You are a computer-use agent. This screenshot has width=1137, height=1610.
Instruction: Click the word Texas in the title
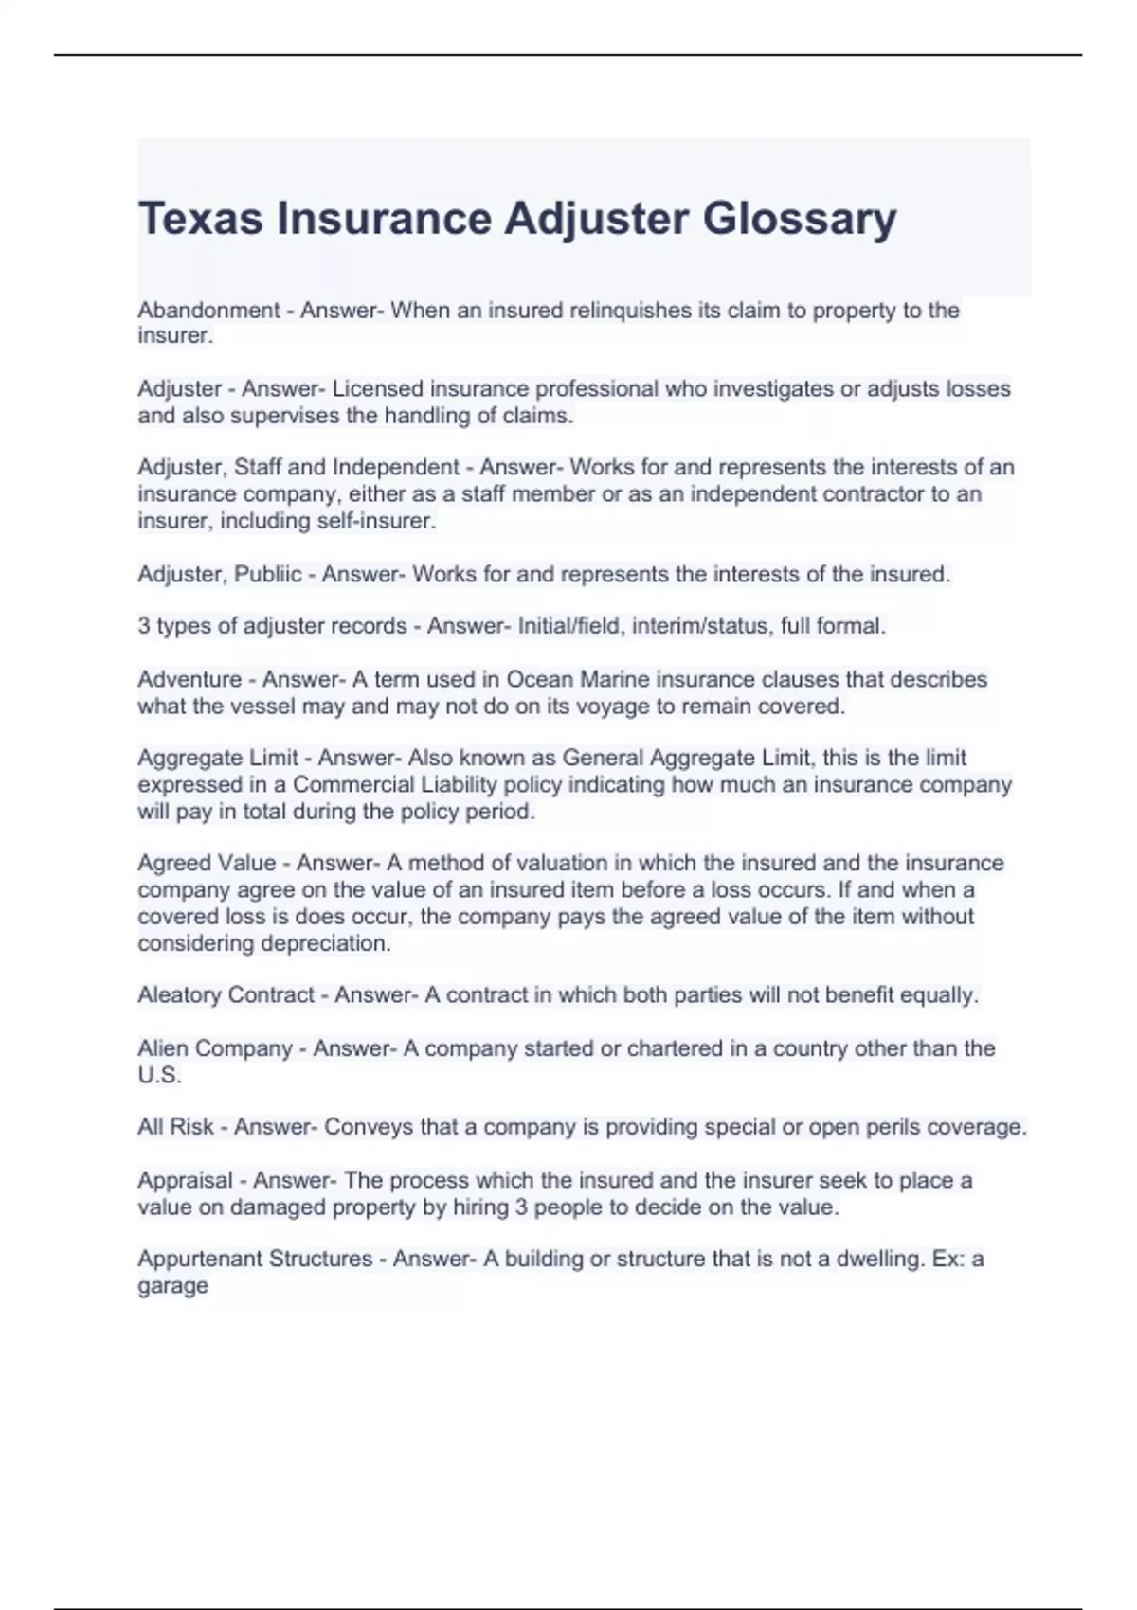pos(200,219)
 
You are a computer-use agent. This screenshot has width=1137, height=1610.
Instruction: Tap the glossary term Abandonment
pos(208,311)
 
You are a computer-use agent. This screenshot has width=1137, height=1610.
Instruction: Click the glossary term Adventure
pos(189,680)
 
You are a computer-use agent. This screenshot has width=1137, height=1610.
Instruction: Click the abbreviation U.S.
pos(159,1076)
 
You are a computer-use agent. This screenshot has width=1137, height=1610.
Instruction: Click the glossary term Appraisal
pos(185,1181)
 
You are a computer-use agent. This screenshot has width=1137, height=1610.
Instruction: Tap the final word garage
pos(172,1286)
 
